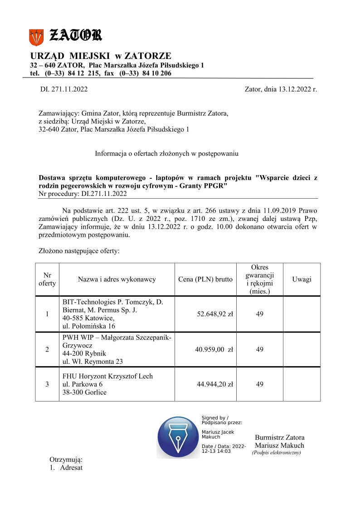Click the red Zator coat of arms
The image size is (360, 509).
[x=36, y=37]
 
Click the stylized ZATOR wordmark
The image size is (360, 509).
[x=75, y=34]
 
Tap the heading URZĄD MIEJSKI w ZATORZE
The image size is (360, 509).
[x=101, y=56]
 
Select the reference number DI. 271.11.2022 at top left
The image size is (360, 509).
[x=64, y=89]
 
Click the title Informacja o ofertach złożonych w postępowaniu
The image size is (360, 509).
[x=166, y=153]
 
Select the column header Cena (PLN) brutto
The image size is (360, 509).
[x=206, y=279]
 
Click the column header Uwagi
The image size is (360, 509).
[x=302, y=279]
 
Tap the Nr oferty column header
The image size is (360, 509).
[x=47, y=279]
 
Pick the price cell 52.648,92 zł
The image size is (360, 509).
[x=215, y=313]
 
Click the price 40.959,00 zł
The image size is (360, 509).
[x=215, y=349]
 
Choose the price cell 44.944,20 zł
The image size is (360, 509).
[x=215, y=384]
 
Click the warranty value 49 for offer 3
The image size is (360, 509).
[x=260, y=384]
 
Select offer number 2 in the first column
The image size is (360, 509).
[x=47, y=349]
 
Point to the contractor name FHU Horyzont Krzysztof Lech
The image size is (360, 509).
[x=107, y=376]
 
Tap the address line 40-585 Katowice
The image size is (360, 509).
[x=88, y=318]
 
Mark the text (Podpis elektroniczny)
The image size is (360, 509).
[x=277, y=452]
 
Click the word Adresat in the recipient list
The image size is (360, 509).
[x=71, y=468]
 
